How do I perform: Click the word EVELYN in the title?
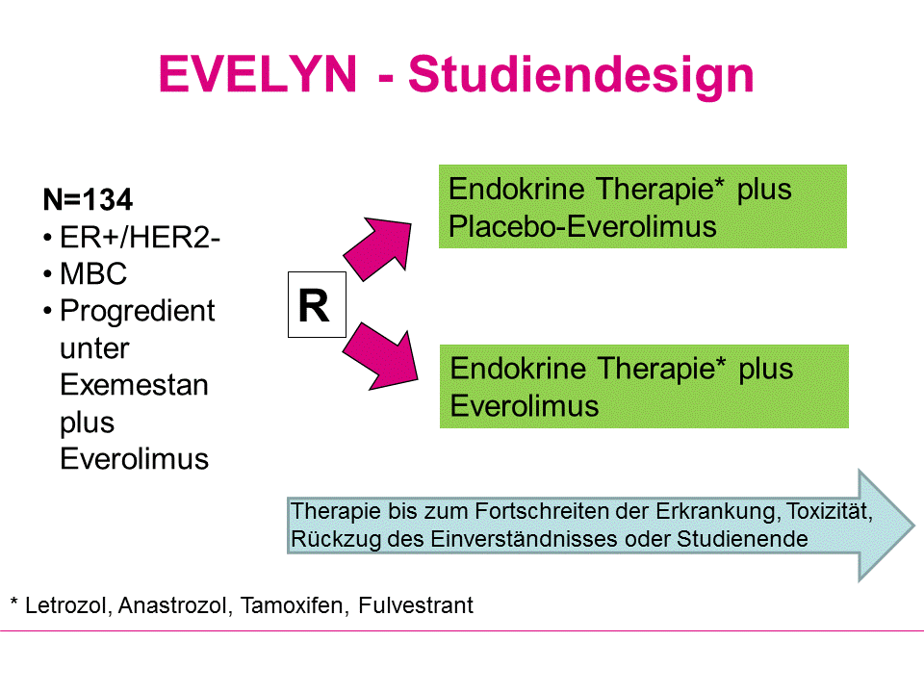point(257,73)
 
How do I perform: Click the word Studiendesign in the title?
point(580,75)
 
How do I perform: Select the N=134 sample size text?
point(88,200)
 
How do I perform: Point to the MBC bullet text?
point(93,274)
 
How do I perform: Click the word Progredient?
point(137,312)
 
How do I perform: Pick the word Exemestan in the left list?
point(134,385)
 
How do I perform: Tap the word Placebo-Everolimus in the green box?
point(583,226)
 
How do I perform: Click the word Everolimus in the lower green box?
point(525,405)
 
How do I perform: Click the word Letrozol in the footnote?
point(67,605)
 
